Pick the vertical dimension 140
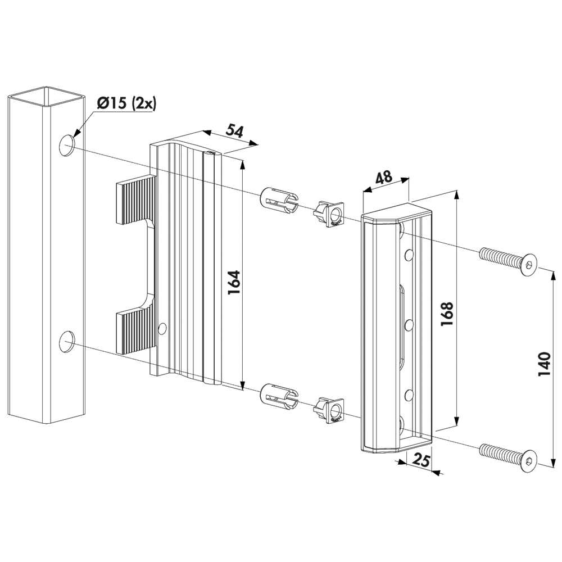click(544, 363)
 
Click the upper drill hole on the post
click(67, 146)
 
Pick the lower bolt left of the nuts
click(279, 397)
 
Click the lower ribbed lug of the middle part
click(134, 333)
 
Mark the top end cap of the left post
click(46, 97)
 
